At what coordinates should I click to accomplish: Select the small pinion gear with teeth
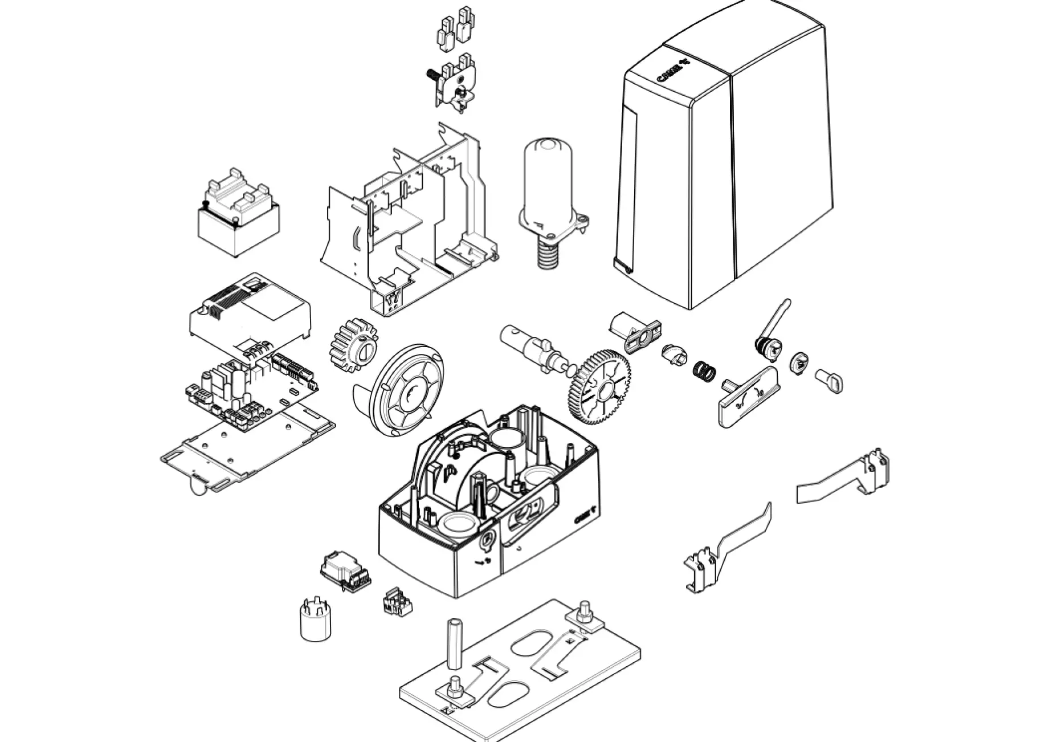[350, 343]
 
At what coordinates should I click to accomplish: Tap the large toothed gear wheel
[599, 388]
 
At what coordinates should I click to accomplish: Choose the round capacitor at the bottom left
[315, 621]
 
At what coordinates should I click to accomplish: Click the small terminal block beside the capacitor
[397, 602]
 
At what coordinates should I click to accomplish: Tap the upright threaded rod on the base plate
[455, 644]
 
